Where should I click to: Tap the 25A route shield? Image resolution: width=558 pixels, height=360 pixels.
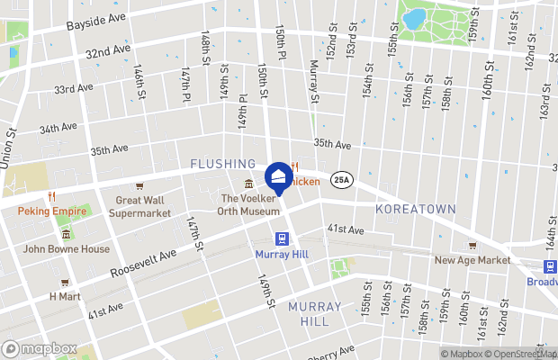[x=341, y=179]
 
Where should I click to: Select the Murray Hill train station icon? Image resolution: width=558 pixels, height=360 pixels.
[x=282, y=238]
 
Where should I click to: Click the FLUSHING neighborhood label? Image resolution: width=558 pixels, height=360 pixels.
[x=223, y=164]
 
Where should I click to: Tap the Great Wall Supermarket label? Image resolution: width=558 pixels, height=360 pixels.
[x=139, y=206]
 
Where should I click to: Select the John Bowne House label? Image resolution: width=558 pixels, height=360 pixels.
[x=67, y=249]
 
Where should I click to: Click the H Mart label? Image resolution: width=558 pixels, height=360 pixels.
[x=65, y=295]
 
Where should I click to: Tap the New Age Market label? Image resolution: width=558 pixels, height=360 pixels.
[x=472, y=260]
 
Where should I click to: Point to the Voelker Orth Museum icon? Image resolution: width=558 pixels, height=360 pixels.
[x=249, y=184]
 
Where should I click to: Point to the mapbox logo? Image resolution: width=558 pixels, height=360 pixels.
[x=40, y=348]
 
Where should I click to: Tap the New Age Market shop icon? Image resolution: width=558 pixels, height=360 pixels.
[x=472, y=245]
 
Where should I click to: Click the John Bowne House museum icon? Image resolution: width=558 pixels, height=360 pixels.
[x=66, y=234]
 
